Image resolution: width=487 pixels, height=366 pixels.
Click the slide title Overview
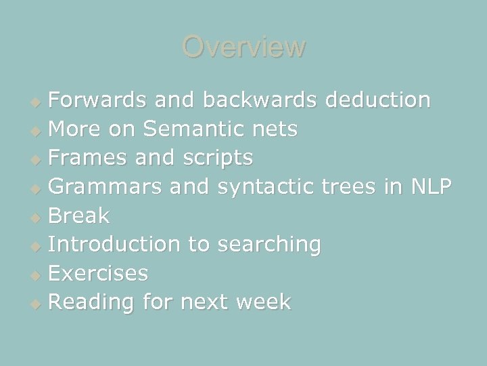pos(243,47)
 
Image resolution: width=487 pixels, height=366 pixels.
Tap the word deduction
pos(377,100)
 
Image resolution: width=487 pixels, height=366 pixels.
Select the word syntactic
pos(263,187)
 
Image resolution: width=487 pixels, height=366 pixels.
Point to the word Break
pos(79,216)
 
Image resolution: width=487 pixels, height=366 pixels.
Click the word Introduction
pos(114,245)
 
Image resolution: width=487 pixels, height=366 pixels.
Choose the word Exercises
pos(99,273)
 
